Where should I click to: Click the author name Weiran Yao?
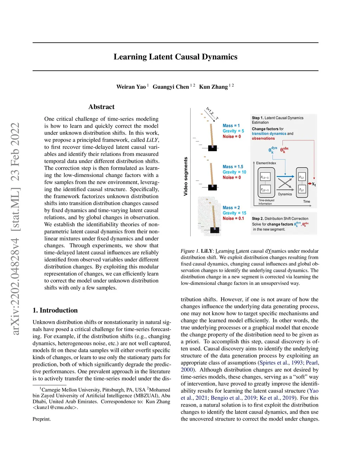131,87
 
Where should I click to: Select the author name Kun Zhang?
213,87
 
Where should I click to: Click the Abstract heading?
101,107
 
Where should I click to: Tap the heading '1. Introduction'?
55,310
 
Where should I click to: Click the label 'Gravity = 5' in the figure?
233,131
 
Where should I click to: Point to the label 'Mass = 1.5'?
233,167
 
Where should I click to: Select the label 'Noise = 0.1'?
233,218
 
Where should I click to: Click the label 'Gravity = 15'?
234,213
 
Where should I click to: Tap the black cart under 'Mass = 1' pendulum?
212,148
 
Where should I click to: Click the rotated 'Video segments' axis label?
186,177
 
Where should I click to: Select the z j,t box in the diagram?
301,190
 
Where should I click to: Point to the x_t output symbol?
314,184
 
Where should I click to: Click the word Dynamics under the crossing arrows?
285,194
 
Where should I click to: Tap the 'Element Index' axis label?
266,163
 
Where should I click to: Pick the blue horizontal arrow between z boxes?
285,176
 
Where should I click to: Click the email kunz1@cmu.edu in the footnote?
55,408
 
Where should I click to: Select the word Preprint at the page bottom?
41,419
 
